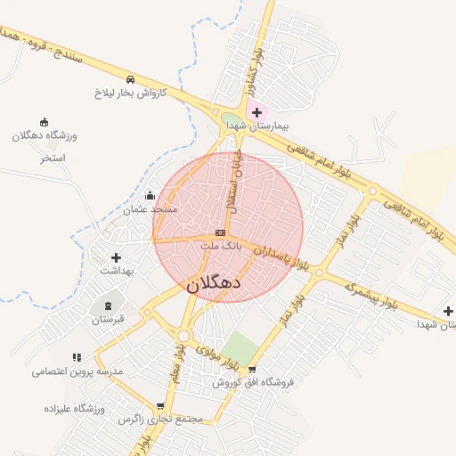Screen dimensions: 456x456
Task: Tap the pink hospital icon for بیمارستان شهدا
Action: (257, 113)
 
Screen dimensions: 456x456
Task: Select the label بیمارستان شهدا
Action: (257, 128)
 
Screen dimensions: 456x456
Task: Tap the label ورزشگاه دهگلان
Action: (45, 135)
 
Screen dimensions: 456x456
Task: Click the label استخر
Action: (53, 158)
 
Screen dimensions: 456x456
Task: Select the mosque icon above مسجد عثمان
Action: (150, 195)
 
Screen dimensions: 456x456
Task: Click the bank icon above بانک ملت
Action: (220, 232)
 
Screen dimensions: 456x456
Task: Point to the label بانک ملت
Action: (220, 244)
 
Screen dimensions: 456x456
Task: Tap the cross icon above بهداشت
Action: (116, 257)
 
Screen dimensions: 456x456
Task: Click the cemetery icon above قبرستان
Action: (109, 305)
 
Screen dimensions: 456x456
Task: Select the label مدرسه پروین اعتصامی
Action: (76, 370)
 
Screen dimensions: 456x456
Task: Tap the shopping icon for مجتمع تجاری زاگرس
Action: (160, 405)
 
